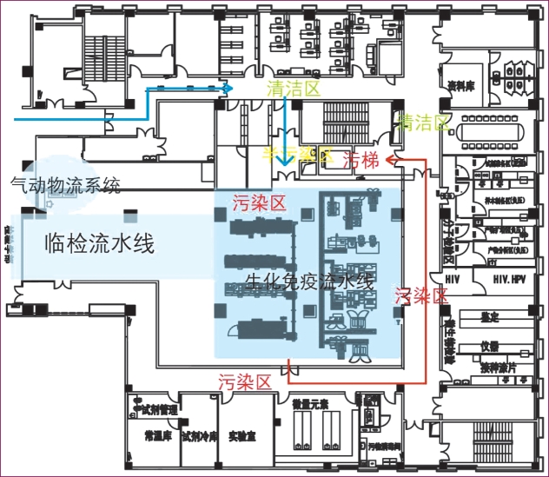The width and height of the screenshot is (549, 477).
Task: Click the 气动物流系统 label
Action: (64, 184)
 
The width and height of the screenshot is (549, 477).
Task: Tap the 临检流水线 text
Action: (99, 243)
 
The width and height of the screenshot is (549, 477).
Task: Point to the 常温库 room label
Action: (156, 435)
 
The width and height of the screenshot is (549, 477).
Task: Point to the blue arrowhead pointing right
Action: (228, 88)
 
